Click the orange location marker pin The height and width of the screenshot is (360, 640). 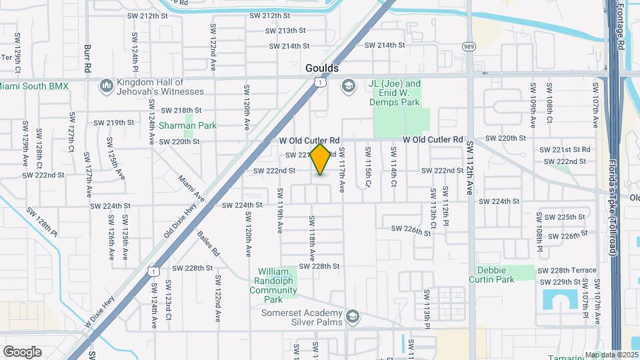tap(321, 159)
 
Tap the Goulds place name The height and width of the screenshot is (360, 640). tap(322, 68)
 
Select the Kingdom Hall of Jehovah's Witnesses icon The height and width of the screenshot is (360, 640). tap(106, 85)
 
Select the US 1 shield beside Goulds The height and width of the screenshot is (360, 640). tap(321, 82)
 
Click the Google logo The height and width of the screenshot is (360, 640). tap(22, 351)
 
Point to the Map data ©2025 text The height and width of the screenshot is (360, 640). tap(611, 355)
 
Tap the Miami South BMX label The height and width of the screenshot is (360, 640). tap(34, 86)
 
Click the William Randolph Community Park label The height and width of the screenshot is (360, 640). tap(277, 285)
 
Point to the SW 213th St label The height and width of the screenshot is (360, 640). tap(285, 31)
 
